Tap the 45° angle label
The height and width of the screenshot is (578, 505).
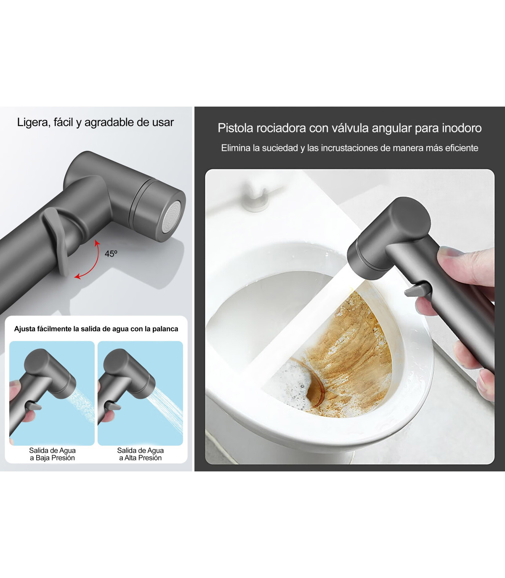pyautogui.click(x=111, y=254)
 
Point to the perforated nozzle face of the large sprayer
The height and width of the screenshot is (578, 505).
pyautogui.click(x=172, y=217)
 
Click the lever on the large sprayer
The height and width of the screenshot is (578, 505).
pyautogui.click(x=56, y=241)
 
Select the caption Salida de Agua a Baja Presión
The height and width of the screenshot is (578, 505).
pyautogui.click(x=53, y=454)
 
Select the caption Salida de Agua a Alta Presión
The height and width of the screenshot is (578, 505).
pyautogui.click(x=140, y=454)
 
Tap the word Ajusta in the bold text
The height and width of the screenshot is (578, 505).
pyautogui.click(x=24, y=329)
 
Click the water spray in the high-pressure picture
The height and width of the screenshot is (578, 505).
pyautogui.click(x=167, y=407)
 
